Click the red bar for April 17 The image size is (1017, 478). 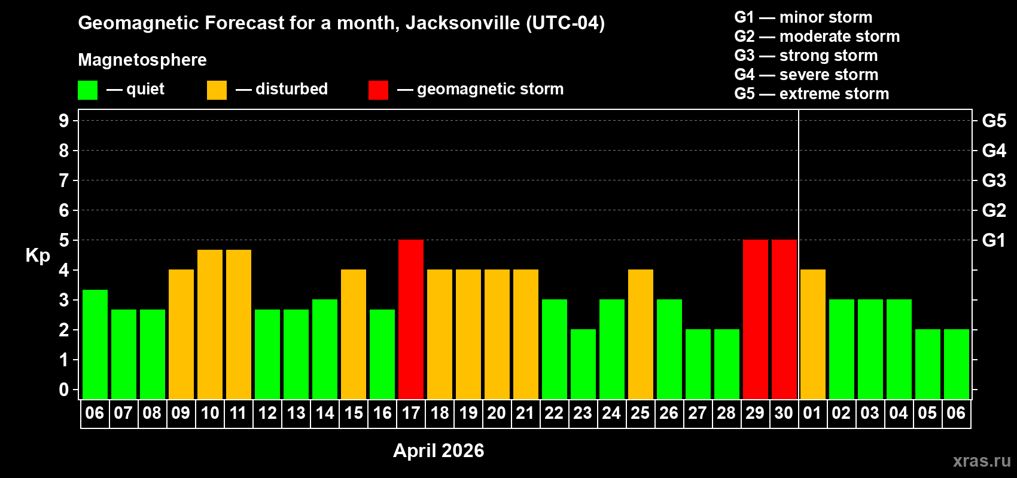click(x=411, y=320)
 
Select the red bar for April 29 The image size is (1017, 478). click(x=756, y=320)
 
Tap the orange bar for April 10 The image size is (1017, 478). click(x=210, y=324)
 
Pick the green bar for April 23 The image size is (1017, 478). click(x=583, y=364)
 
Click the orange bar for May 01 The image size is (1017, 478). click(x=813, y=335)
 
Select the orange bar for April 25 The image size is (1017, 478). click(x=641, y=335)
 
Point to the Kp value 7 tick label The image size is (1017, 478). click(x=64, y=180)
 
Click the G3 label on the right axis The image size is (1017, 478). click(x=994, y=180)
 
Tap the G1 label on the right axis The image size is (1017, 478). click(x=994, y=240)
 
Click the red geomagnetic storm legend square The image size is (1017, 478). click(x=378, y=90)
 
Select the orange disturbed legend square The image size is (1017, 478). click(x=217, y=90)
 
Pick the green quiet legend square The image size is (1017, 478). click(x=87, y=90)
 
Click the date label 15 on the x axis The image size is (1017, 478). click(x=354, y=413)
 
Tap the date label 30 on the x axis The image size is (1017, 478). click(x=784, y=413)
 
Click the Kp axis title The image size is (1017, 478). click(x=38, y=256)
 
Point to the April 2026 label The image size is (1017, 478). click(x=439, y=451)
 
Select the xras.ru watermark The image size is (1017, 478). click(x=981, y=461)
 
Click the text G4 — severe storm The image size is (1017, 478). click(x=806, y=75)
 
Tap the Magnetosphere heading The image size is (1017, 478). click(x=142, y=60)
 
